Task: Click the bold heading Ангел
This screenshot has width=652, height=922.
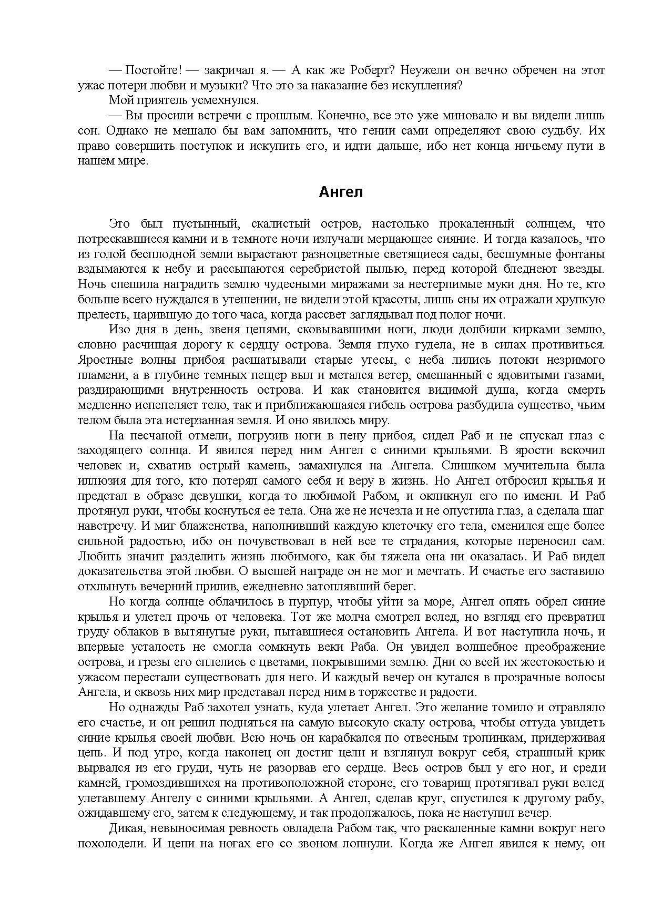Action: click(x=341, y=193)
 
